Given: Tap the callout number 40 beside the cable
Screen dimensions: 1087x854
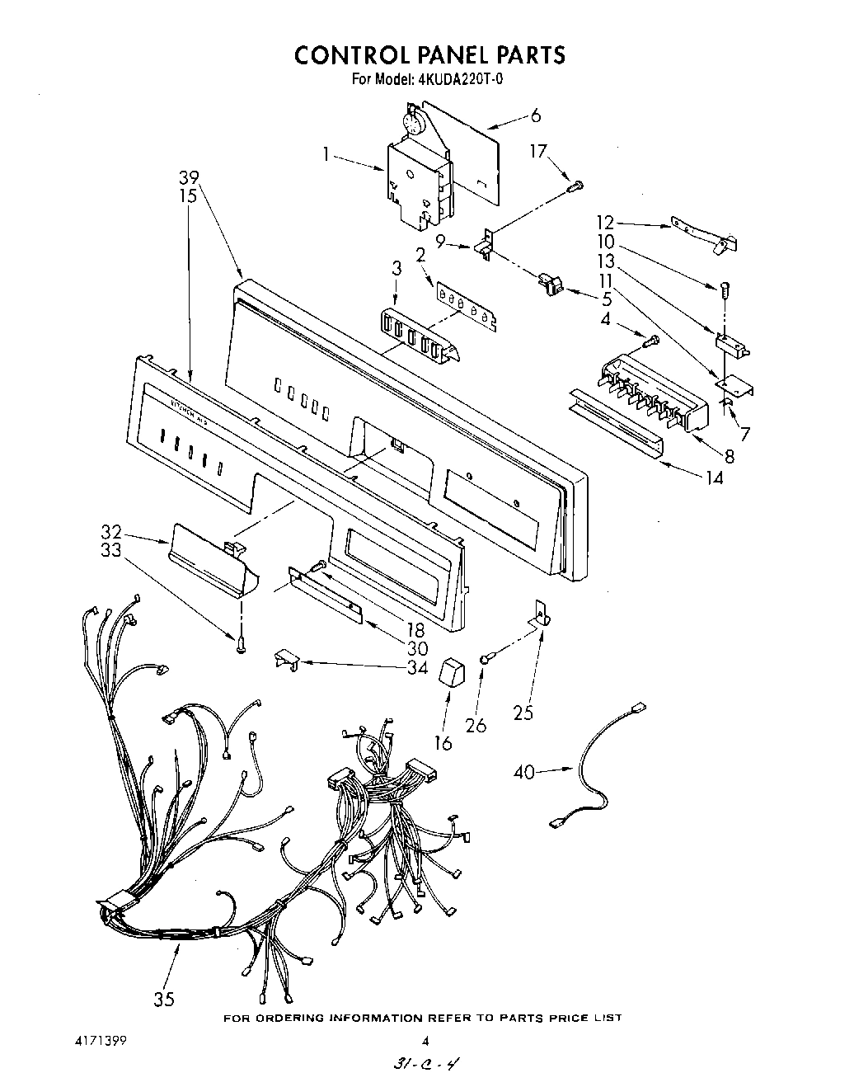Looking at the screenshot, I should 524,772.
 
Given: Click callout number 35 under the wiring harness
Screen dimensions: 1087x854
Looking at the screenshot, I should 164,999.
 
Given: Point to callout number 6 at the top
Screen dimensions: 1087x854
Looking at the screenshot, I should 536,115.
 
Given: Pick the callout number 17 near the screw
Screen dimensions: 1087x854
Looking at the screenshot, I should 538,152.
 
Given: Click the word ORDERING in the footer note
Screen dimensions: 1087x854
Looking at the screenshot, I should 291,1019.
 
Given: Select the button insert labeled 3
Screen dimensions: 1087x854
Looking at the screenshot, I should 419,335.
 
